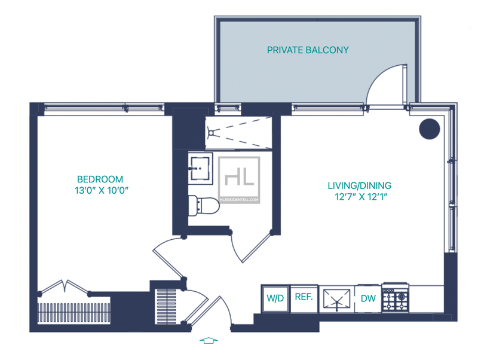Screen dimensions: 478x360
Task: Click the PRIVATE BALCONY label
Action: click(308, 50)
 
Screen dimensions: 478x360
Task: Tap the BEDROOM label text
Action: click(100, 179)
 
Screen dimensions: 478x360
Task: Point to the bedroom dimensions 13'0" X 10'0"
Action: click(102, 190)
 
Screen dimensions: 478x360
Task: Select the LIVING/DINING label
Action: click(360, 185)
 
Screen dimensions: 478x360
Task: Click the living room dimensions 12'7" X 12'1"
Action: click(361, 197)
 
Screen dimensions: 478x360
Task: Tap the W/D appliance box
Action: click(275, 298)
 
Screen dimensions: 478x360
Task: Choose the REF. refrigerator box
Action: click(304, 298)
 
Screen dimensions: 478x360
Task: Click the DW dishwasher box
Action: click(368, 298)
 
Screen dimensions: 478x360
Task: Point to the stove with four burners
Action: click(396, 297)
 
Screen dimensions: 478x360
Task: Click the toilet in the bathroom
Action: click(204, 206)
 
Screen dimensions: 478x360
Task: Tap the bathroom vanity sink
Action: click(200, 169)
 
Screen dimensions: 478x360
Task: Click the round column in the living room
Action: click(429, 129)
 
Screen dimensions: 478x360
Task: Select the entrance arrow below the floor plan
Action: click(209, 340)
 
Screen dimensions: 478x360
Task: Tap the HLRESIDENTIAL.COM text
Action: click(239, 200)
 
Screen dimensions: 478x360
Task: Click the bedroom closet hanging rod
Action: click(73, 313)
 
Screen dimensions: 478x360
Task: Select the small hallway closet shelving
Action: click(167, 306)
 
